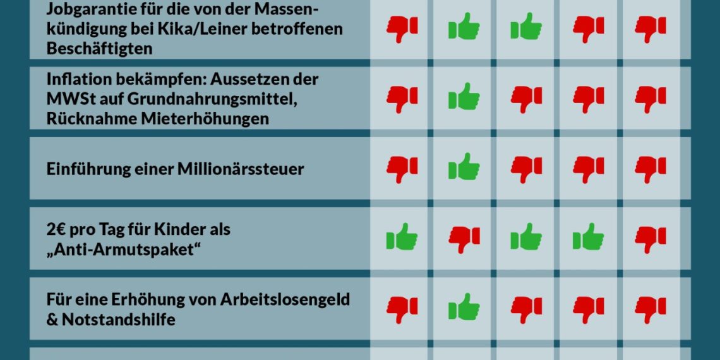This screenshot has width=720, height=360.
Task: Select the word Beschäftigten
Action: pyautogui.click(x=99, y=48)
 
